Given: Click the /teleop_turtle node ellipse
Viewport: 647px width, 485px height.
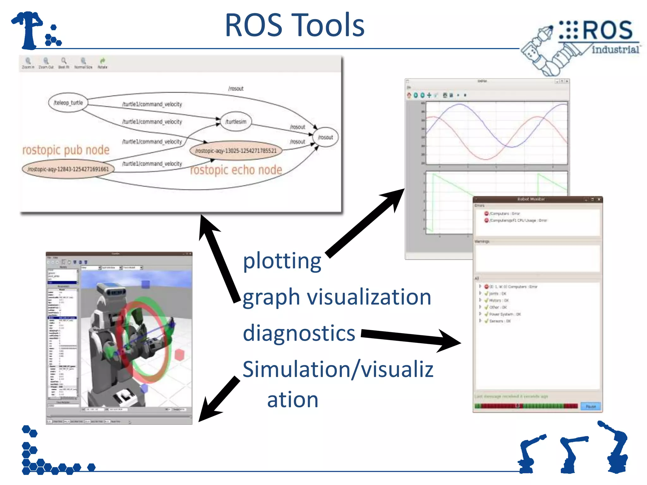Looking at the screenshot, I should (68, 103).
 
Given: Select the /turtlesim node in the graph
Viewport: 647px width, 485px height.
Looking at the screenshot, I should (236, 122).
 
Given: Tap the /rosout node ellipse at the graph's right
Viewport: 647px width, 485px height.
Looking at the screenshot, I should (325, 137).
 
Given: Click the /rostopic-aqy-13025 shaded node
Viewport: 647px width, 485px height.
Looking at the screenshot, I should (236, 151).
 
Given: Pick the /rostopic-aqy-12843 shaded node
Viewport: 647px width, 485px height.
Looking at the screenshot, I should (68, 169).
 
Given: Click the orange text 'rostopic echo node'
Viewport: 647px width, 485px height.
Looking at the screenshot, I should (236, 170).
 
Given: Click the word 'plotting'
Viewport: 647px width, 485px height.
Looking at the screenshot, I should (282, 261).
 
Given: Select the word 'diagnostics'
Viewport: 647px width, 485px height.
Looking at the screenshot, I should (299, 333).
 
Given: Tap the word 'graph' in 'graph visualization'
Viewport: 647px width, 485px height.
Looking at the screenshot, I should (271, 297).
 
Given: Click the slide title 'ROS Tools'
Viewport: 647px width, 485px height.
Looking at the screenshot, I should (294, 25).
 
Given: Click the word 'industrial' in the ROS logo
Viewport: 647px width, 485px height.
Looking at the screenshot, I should (615, 50).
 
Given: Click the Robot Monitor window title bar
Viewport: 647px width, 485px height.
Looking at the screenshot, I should (531, 199).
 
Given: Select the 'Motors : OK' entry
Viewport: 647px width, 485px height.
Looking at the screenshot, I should (499, 301).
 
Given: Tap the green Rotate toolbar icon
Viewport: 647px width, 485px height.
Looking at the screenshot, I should (102, 61).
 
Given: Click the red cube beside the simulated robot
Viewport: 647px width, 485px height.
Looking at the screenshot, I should (179, 355).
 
